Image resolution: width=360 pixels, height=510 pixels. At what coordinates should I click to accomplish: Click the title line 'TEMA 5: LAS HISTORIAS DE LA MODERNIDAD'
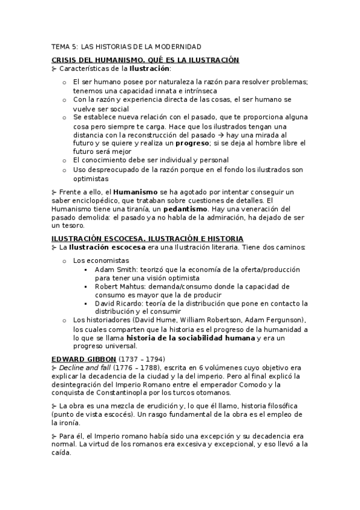click(x=126, y=47)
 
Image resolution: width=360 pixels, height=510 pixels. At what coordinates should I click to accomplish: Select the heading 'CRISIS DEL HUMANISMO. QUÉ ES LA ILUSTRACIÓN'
click(x=145, y=60)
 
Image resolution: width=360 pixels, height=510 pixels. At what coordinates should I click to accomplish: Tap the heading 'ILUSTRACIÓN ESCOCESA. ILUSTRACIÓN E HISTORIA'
click(x=147, y=238)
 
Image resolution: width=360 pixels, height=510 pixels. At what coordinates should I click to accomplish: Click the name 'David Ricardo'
click(x=120, y=304)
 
